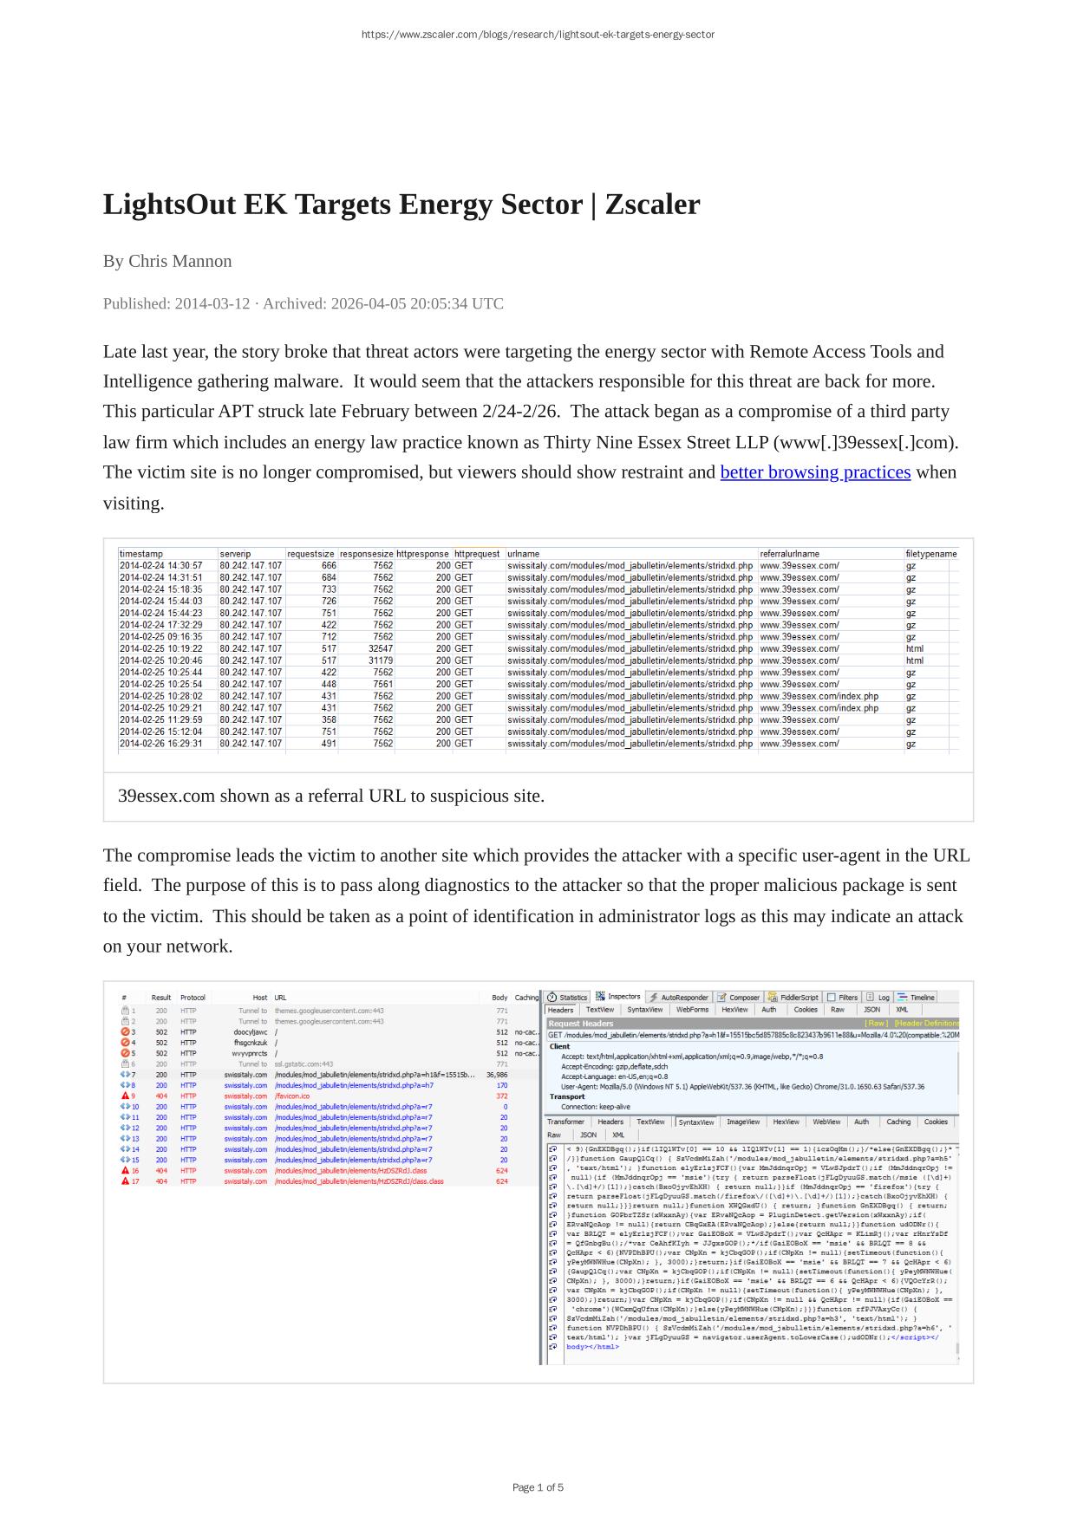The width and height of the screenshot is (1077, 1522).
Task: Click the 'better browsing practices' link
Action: (815, 472)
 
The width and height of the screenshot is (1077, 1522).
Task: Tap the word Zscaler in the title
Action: (652, 205)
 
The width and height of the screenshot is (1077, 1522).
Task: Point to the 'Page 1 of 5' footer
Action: (538, 1487)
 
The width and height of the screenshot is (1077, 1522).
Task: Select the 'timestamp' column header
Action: (141, 554)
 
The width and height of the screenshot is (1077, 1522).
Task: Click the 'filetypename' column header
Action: (930, 554)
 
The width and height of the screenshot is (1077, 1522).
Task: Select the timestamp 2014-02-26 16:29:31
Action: (160, 744)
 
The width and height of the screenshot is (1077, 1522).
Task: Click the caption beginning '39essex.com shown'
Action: (331, 796)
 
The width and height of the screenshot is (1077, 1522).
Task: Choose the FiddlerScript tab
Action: (793, 998)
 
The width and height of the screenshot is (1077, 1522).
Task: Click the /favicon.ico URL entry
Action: (292, 1096)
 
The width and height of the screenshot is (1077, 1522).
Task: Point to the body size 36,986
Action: (497, 1075)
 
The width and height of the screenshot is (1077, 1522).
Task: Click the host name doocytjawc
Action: (251, 1032)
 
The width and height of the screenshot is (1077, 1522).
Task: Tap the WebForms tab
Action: (692, 1010)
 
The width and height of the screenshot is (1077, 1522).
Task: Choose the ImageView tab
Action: (742, 1122)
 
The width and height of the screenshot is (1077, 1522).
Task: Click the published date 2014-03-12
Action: (212, 303)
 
